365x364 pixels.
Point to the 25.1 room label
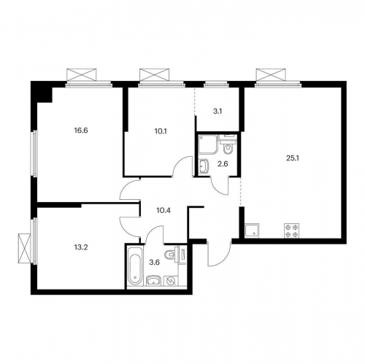[291, 155]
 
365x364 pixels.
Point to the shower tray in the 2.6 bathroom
[207, 145]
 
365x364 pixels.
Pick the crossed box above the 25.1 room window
[270, 75]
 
